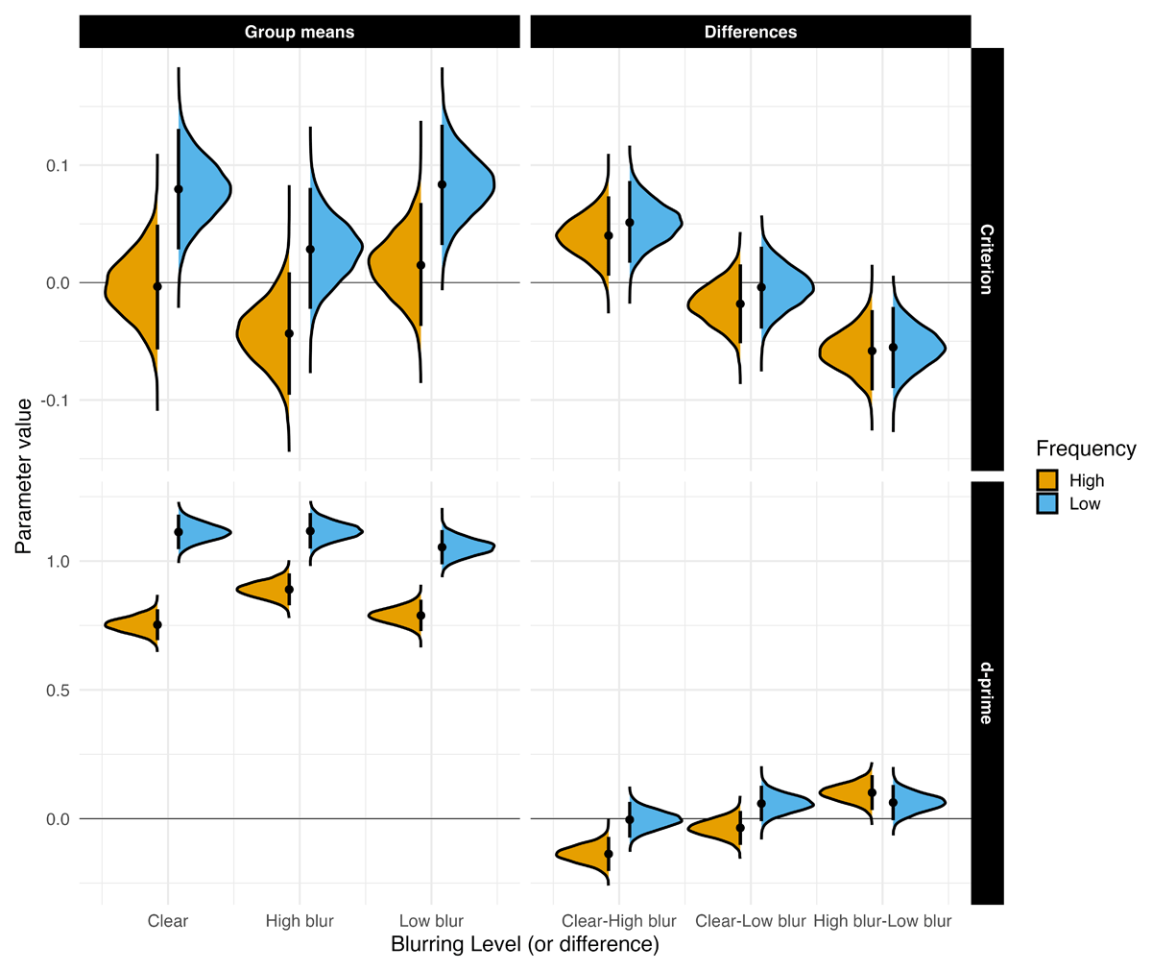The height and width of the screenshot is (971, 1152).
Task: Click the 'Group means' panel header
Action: (x=299, y=32)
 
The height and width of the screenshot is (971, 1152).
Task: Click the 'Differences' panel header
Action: (x=750, y=32)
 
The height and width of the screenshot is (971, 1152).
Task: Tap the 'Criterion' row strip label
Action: (x=987, y=258)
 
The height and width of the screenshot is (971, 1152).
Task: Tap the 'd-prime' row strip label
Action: (x=987, y=692)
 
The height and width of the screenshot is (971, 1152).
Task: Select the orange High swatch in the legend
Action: (x=1047, y=480)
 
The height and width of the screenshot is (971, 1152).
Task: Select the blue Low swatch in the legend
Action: (x=1047, y=503)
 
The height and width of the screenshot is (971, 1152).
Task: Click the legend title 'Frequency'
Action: (x=1086, y=449)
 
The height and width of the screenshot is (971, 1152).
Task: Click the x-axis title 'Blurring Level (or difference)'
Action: (x=524, y=945)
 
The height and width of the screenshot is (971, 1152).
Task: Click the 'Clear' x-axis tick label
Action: (x=168, y=921)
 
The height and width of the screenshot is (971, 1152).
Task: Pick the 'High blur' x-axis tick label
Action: (x=300, y=921)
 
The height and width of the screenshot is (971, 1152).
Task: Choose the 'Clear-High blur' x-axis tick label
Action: (x=618, y=921)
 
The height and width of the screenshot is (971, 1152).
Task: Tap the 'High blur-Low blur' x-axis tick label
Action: (x=882, y=921)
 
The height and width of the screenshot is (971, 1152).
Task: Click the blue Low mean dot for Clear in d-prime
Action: (x=179, y=532)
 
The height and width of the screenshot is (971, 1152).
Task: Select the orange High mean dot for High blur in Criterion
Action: (x=289, y=333)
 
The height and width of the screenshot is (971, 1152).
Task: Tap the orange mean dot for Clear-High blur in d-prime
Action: (x=609, y=854)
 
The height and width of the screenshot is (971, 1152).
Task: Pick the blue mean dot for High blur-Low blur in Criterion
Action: (x=894, y=347)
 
